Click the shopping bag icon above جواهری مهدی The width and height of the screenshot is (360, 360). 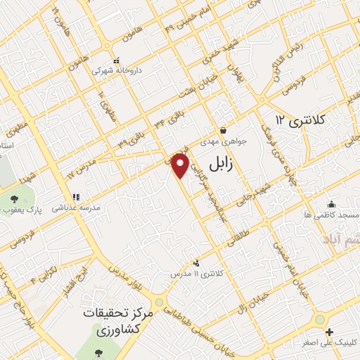point(223,130)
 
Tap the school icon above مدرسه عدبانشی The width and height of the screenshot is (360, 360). point(76,198)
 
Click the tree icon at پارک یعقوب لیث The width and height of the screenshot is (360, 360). point(15,199)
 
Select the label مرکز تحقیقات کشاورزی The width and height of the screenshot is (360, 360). point(112,321)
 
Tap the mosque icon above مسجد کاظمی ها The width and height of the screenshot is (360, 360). point(332,203)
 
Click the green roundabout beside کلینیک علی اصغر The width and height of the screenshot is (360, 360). point(321,319)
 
